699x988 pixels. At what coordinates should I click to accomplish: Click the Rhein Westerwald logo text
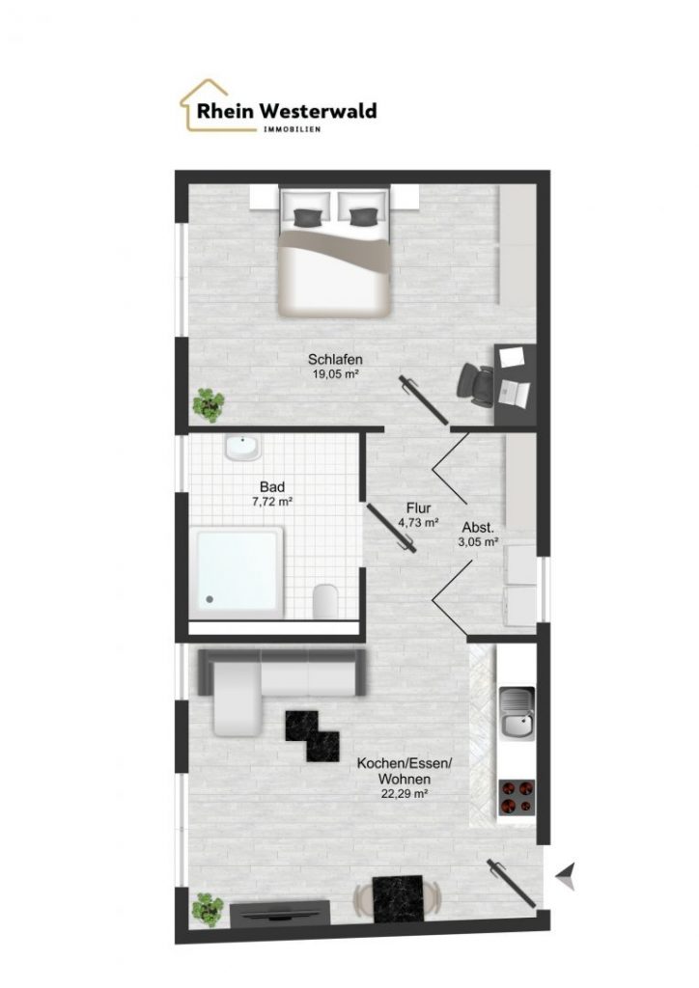287,111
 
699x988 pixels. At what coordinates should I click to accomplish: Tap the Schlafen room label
335,360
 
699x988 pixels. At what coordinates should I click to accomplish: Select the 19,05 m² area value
335,373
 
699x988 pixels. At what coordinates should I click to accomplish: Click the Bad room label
272,487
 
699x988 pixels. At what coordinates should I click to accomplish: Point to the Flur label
418,508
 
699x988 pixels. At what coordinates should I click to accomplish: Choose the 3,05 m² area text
480,541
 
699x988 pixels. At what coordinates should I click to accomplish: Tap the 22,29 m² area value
405,794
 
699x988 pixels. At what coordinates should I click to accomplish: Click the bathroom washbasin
242,448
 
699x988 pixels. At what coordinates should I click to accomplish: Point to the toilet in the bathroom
324,600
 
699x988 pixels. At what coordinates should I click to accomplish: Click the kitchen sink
517,713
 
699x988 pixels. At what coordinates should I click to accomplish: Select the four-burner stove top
517,797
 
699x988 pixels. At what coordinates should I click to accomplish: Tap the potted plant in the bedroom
209,404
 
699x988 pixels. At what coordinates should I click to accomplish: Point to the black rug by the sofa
312,735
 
